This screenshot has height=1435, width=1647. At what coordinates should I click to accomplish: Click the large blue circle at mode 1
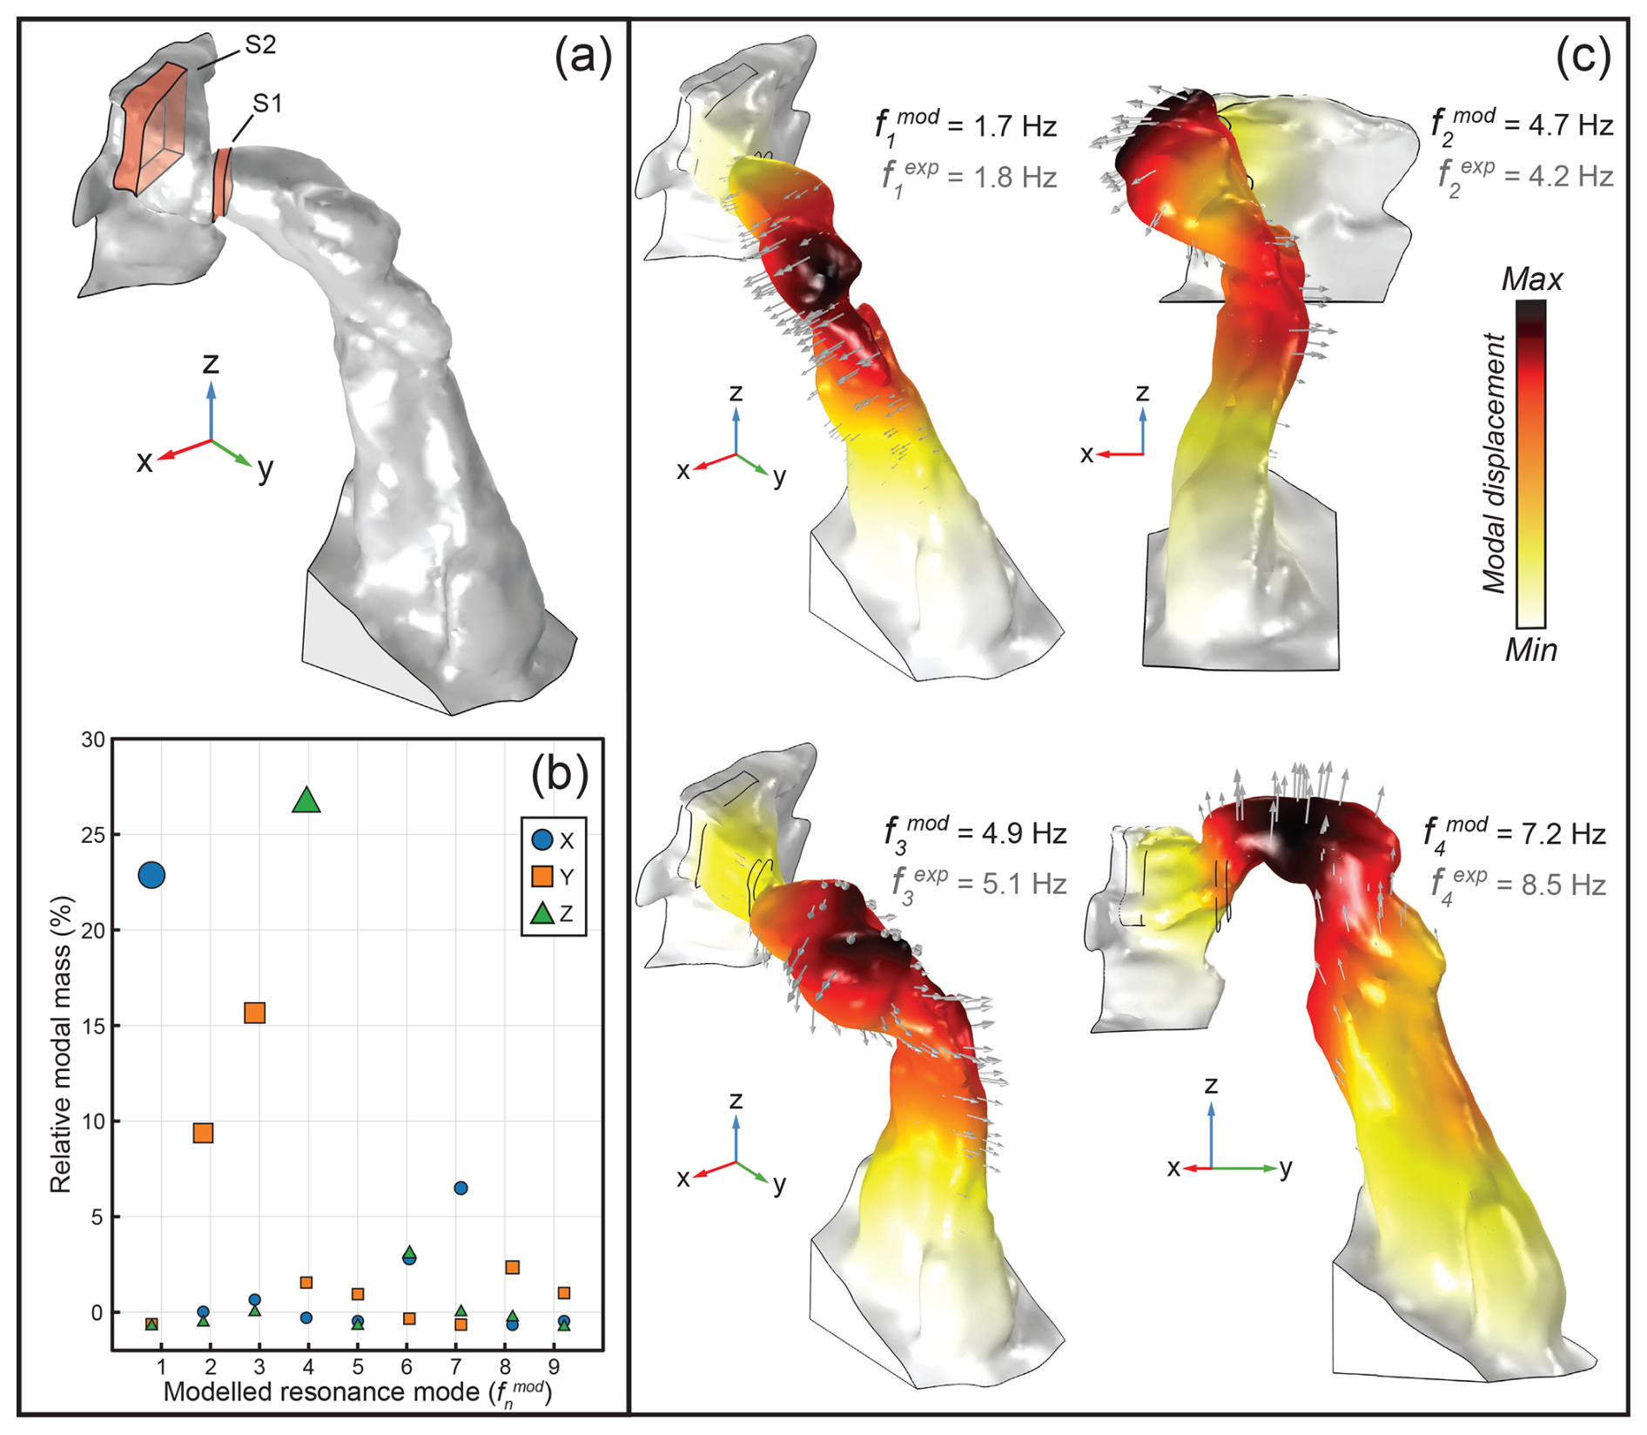pos(151,875)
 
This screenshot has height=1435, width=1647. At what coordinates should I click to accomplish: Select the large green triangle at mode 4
pos(306,801)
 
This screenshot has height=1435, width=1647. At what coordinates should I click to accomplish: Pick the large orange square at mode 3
pos(254,1013)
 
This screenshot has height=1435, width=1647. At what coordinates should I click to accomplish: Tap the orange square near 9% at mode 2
pos(203,1133)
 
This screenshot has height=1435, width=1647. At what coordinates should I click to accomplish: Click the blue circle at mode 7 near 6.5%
pos(460,1188)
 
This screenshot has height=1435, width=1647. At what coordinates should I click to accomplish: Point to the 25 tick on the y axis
pos(92,835)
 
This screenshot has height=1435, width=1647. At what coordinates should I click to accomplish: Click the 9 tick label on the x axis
pos(554,1367)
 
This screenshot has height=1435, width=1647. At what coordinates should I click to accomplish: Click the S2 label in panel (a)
pos(260,45)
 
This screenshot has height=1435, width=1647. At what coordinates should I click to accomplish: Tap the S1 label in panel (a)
pos(267,104)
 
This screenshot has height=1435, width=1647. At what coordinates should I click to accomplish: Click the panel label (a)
pos(583,57)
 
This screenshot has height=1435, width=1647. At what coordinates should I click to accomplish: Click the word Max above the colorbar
pos(1532,280)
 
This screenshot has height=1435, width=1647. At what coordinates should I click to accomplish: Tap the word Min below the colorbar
pos(1531,650)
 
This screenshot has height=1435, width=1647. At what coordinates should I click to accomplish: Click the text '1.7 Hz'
pos(1015,127)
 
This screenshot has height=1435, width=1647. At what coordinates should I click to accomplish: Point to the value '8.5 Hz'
pos(1563,886)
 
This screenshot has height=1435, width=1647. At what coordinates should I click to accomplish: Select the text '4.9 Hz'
pos(1024,834)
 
